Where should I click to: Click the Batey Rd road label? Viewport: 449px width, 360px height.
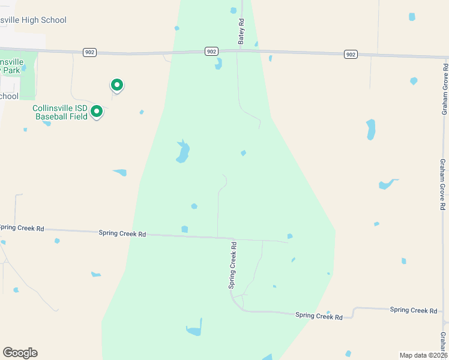click(x=241, y=31)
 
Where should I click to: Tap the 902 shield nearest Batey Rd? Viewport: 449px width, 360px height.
click(x=211, y=52)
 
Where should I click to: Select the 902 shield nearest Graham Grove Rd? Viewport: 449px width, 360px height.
click(x=351, y=55)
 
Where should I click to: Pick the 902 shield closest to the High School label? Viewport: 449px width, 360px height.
click(x=89, y=52)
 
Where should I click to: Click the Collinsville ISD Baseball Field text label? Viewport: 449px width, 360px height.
click(x=60, y=112)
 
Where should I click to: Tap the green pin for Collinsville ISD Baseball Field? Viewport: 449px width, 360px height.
click(x=95, y=112)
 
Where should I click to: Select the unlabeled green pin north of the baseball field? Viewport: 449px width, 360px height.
click(x=117, y=86)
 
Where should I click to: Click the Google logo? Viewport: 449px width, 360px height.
click(x=20, y=353)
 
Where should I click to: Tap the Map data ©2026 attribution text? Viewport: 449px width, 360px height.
click(x=423, y=355)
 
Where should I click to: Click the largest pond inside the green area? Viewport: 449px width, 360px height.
click(x=182, y=152)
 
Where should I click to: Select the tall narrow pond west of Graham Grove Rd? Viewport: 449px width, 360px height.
click(x=370, y=129)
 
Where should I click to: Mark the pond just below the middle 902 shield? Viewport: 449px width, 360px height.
click(x=218, y=63)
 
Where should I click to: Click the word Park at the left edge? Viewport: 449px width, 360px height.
click(x=10, y=70)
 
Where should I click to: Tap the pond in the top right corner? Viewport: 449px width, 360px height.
click(x=412, y=17)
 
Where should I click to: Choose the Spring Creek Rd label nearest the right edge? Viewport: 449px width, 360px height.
click(x=414, y=310)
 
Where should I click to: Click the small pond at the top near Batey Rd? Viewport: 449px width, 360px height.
click(x=234, y=10)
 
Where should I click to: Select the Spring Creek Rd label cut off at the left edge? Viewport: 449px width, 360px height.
click(x=22, y=228)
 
